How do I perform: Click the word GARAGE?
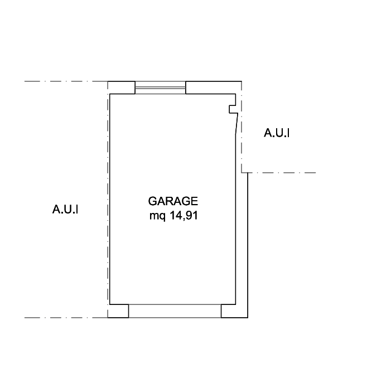[x=173, y=201]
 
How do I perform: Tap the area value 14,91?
[x=184, y=216]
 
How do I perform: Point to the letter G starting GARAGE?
[x=152, y=201]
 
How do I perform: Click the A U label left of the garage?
[x=62, y=210]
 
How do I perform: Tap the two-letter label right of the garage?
[x=273, y=133]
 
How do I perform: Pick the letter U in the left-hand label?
[x=67, y=210]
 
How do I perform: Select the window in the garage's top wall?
[x=161, y=88]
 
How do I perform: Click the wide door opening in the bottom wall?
[x=175, y=311]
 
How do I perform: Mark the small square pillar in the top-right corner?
[x=233, y=109]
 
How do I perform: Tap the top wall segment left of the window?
[x=122, y=88]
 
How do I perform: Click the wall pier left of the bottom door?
[x=118, y=311]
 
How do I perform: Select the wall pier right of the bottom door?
[x=234, y=311]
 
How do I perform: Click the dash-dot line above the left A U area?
[x=65, y=82]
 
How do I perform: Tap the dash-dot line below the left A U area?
[x=65, y=318]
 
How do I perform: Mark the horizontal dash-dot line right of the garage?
[x=282, y=172]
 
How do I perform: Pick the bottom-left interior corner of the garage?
[x=110, y=303]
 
